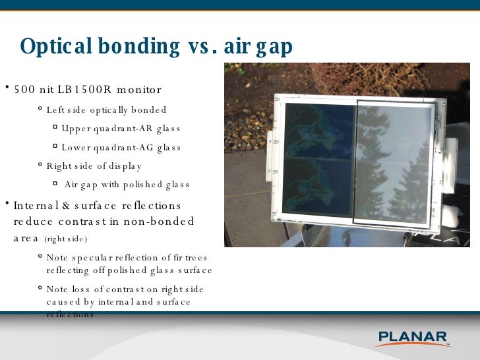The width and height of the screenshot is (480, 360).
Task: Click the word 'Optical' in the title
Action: click(x=55, y=47)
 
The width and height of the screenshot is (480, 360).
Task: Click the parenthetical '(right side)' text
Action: click(x=65, y=239)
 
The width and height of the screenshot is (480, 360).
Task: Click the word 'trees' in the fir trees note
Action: click(x=195, y=258)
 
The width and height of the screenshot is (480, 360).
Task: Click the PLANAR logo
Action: click(x=413, y=338)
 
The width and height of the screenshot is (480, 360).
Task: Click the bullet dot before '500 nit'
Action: click(x=5, y=89)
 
